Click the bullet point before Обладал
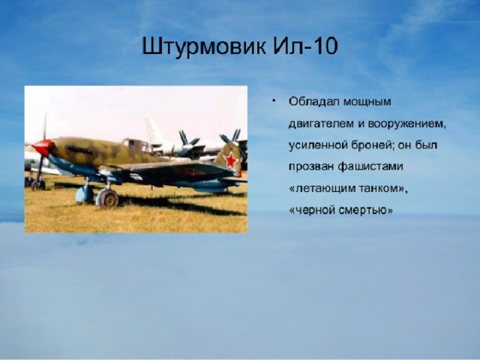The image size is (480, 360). click(x=274, y=100)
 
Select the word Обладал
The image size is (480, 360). click(x=313, y=101)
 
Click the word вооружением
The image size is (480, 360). click(x=406, y=124)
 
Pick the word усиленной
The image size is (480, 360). click(x=317, y=145)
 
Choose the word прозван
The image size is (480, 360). click(x=311, y=167)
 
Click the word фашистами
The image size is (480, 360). click(x=370, y=166)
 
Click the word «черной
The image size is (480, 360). click(x=312, y=211)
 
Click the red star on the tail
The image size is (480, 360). click(x=230, y=160)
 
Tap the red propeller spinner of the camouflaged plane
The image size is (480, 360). click(x=43, y=147)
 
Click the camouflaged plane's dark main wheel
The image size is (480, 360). click(x=108, y=199)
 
